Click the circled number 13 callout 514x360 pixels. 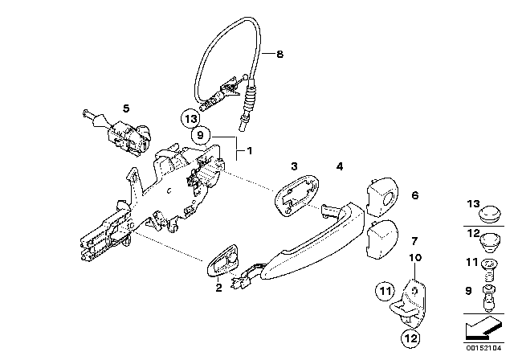coord(190,119)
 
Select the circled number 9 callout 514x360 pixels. coord(200,135)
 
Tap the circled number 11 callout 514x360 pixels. coord(385,291)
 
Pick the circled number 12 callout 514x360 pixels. coord(411,337)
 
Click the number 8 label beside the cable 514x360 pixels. coord(279,54)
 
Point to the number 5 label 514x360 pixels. coord(126,108)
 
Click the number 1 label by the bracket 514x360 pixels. coord(250,151)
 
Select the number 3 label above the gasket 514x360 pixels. coord(295,166)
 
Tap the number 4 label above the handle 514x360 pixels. coord(340,166)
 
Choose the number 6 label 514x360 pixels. coord(415,195)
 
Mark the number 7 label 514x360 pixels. coord(414,241)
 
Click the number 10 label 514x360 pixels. coord(415,258)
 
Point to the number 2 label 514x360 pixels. coord(218,288)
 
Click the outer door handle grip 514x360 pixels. coord(313,243)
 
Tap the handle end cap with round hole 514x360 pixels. coord(382,197)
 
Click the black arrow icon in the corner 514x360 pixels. coord(483,330)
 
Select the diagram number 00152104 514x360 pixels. coord(483,348)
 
